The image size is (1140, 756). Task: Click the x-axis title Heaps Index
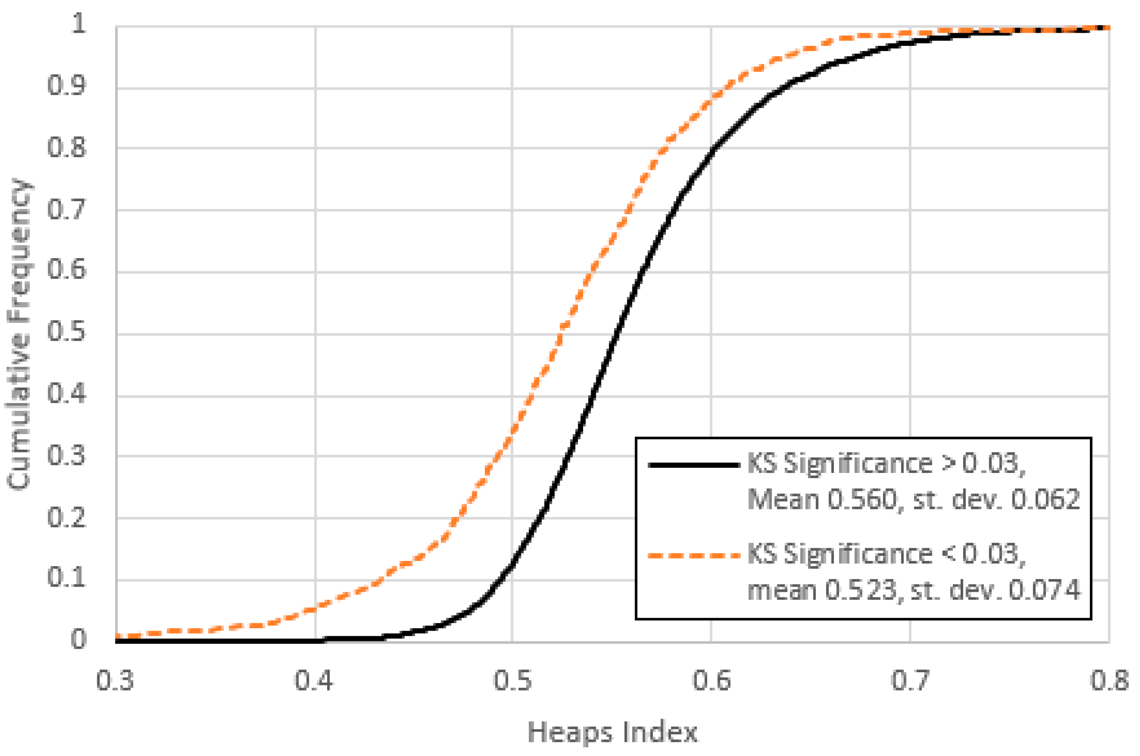(x=613, y=733)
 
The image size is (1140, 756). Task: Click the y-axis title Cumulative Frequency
(x=19, y=334)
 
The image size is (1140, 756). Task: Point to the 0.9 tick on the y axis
(x=67, y=85)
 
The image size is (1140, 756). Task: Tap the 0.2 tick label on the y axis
(x=67, y=518)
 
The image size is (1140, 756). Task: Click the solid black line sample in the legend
(x=694, y=465)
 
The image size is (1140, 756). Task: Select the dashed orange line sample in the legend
(x=694, y=556)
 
